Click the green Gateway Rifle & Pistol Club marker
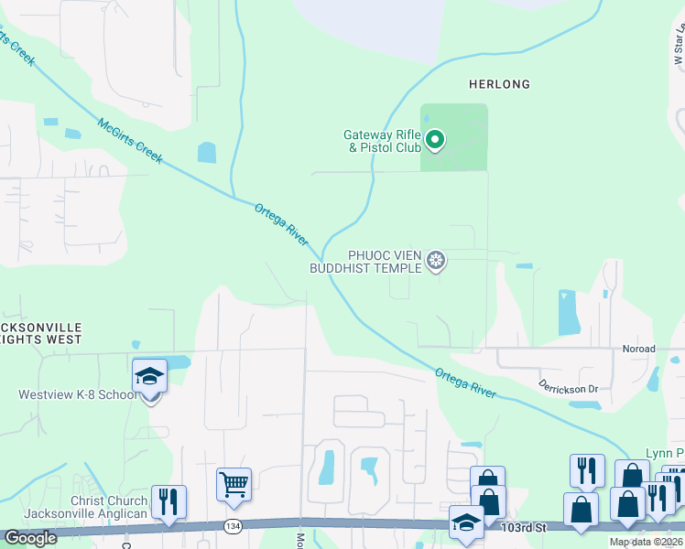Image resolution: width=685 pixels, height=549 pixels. click(x=436, y=140)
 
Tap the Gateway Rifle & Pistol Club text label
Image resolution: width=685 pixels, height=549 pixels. click(x=382, y=141)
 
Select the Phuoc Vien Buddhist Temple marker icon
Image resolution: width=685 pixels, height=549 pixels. click(x=437, y=262)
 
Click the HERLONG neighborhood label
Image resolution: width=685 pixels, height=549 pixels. click(x=499, y=84)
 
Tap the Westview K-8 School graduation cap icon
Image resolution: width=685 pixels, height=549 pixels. click(x=149, y=377)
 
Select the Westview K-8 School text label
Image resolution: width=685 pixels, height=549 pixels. click(x=78, y=395)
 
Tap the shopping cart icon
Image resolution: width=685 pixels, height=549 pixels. click(x=234, y=482)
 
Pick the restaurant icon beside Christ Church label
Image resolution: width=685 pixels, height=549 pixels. click(x=169, y=501)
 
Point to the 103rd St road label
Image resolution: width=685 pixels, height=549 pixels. click(x=524, y=528)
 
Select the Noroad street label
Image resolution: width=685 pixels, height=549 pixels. click(x=639, y=349)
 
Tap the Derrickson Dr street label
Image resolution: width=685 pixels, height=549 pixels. click(x=567, y=388)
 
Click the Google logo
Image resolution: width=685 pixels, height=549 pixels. click(x=30, y=538)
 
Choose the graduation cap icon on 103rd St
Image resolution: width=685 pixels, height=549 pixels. click(x=467, y=523)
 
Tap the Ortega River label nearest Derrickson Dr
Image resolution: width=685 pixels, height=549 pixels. click(x=465, y=382)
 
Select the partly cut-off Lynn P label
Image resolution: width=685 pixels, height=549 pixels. click(x=665, y=454)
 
